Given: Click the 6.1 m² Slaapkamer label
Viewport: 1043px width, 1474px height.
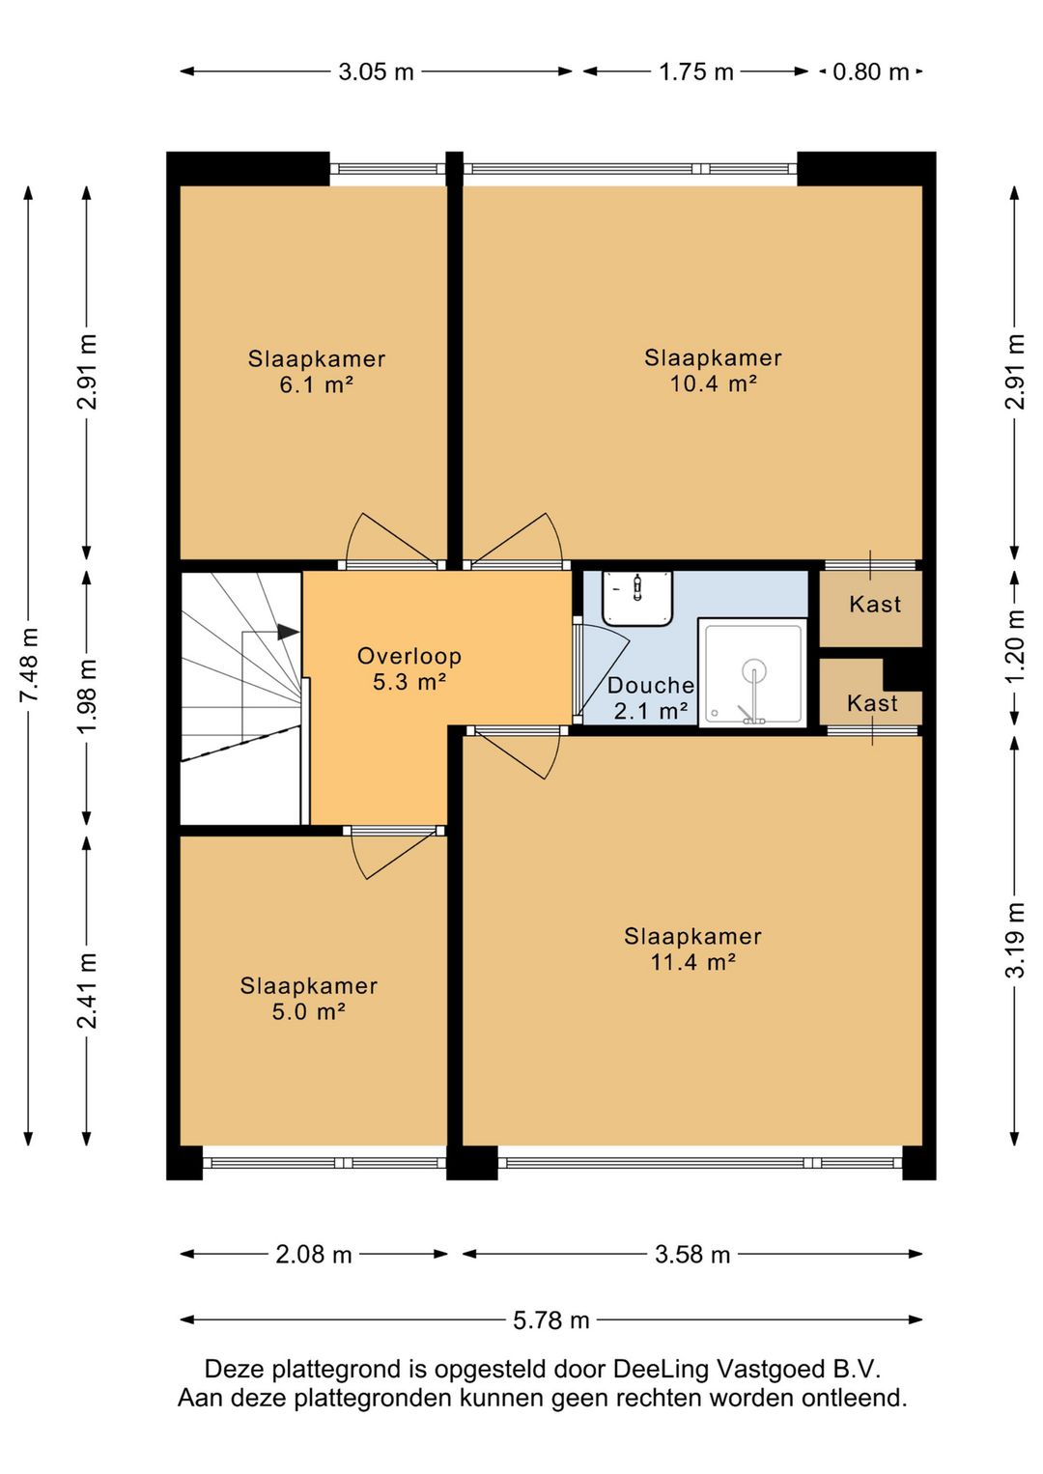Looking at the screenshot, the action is point(316,371).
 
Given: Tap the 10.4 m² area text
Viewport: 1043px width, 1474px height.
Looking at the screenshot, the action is point(713,383).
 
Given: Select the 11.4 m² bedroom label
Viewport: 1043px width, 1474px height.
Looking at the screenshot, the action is point(693,949).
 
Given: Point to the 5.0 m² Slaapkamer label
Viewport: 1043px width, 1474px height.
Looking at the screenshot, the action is point(309,998).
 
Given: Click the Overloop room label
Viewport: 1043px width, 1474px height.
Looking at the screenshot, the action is point(409,667).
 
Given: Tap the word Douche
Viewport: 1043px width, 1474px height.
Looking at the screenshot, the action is point(650,685).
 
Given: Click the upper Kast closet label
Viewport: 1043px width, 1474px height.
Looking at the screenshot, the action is point(875,604).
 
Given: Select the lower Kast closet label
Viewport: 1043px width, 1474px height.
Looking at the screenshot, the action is point(872,703).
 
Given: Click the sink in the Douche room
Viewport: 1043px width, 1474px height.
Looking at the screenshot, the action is point(637,598).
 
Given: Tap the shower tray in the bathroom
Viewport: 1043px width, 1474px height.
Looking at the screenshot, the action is point(753,672).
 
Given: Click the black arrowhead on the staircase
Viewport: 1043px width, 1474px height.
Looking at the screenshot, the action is point(288,632).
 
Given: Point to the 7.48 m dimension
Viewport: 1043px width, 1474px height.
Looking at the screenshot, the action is point(29,666).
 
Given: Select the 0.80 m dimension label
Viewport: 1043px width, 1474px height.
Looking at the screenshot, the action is point(870,71).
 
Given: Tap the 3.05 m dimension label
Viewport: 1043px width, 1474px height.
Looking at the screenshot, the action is point(376,71).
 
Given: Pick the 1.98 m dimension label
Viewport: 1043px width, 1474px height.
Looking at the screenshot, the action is point(87,696).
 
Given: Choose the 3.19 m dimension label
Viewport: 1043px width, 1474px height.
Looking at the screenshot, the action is point(1015,941).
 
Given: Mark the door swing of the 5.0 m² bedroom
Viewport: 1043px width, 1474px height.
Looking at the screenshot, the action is point(393,857).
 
